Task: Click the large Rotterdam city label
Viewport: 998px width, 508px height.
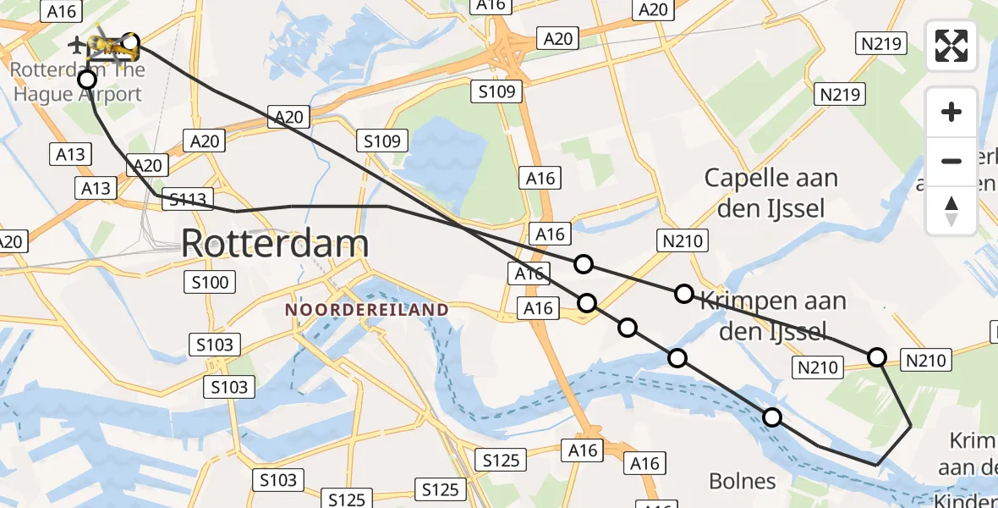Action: coord(275,244)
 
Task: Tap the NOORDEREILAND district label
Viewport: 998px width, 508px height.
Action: coord(366,310)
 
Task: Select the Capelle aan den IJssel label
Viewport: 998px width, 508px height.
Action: coord(770,193)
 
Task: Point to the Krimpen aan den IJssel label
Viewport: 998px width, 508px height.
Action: coord(771,315)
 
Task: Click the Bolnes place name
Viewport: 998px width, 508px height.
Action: coord(743,482)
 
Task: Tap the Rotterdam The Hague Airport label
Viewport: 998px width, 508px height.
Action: coord(78,82)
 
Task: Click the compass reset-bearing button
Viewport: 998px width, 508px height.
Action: coord(951,210)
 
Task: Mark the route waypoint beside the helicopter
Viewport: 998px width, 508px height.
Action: coord(130,42)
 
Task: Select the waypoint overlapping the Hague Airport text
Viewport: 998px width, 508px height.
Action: coord(87,80)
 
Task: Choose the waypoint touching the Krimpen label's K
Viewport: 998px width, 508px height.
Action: coord(684,294)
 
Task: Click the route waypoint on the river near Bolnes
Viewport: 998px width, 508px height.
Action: coord(772,417)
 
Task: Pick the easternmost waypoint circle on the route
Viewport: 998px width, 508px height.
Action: coord(877,356)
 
